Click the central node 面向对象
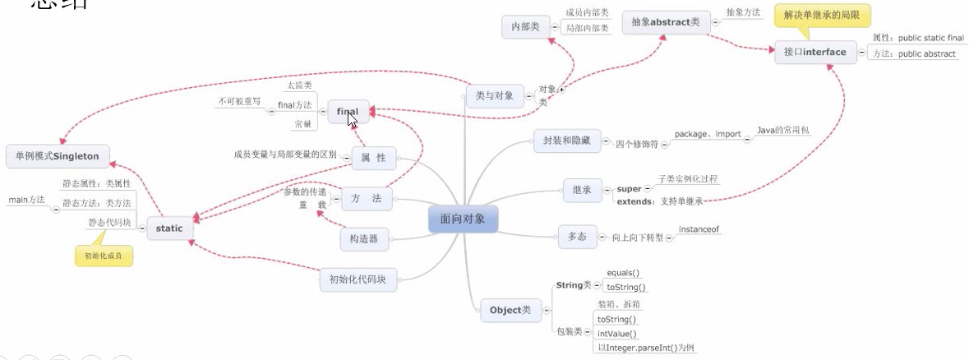point(463,219)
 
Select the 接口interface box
point(814,53)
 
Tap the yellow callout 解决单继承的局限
point(822,16)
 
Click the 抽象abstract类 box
point(666,22)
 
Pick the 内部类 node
point(525,27)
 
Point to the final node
point(348,112)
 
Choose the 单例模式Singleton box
point(53,155)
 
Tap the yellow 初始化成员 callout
point(104,256)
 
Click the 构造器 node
point(363,239)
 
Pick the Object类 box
point(510,310)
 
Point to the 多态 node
point(576,236)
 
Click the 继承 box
point(582,189)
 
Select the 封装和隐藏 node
point(567,141)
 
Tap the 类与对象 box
point(494,96)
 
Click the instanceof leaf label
point(699,229)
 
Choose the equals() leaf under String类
point(623,273)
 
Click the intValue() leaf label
point(617,334)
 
